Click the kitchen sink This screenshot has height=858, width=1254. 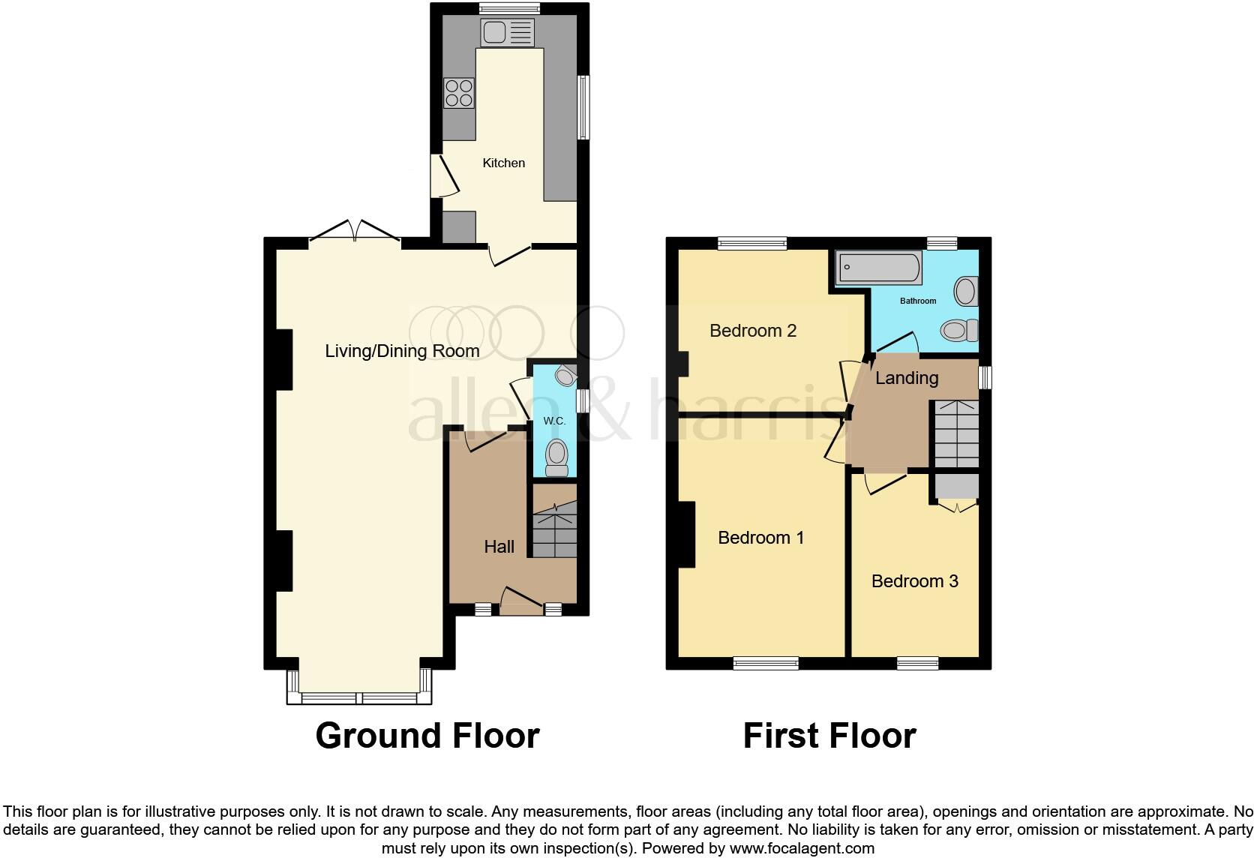507,32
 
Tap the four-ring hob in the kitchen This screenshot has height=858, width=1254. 458,93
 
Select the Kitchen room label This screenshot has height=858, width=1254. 503,163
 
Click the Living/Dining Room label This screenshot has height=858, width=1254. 402,351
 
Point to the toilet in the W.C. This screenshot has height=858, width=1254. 556,457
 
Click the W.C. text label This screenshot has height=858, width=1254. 554,421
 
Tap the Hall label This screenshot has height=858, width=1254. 499,547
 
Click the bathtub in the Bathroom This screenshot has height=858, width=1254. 878,268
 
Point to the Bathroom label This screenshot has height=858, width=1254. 918,301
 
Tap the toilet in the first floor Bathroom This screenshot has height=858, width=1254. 959,330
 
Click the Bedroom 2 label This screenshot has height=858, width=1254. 752,331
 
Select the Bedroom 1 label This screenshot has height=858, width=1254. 760,538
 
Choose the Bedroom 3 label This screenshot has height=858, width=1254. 914,581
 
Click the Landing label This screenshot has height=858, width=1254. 906,378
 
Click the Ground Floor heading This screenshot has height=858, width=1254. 427,736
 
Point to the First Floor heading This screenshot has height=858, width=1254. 829,736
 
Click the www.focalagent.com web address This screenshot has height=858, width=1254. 802,849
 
